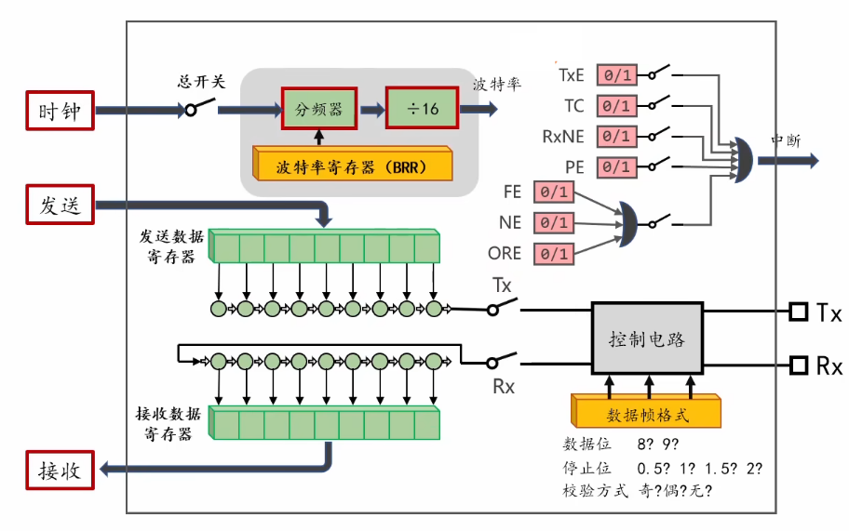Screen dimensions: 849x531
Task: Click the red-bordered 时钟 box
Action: [x=61, y=111]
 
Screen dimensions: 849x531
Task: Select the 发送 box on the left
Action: [x=61, y=205]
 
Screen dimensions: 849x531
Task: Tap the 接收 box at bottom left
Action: [x=61, y=470]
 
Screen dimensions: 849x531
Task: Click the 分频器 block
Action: [x=319, y=109]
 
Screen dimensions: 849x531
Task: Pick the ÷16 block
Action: [x=423, y=108]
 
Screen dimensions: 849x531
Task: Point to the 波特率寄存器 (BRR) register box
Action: [x=353, y=164]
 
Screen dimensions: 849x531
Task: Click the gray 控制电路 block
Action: [x=647, y=338]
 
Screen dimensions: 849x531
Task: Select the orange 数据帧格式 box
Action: [x=646, y=411]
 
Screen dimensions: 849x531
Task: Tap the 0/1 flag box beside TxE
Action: [x=616, y=74]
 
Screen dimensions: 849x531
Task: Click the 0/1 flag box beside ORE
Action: [x=554, y=254]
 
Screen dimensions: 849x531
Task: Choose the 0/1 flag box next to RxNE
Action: [x=616, y=136]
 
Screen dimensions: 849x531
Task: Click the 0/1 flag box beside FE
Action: [x=554, y=192]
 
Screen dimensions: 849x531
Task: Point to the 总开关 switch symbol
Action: [x=198, y=107]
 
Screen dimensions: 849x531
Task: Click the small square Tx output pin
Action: [x=798, y=312]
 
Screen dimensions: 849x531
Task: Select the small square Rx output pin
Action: [x=798, y=365]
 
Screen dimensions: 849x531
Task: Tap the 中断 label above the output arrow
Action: [x=787, y=140]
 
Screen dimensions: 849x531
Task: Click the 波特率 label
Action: [x=496, y=85]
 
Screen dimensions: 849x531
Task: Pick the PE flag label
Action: [x=574, y=167]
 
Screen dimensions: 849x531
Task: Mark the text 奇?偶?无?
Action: [x=675, y=490]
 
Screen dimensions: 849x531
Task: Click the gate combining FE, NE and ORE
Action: [x=628, y=224]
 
